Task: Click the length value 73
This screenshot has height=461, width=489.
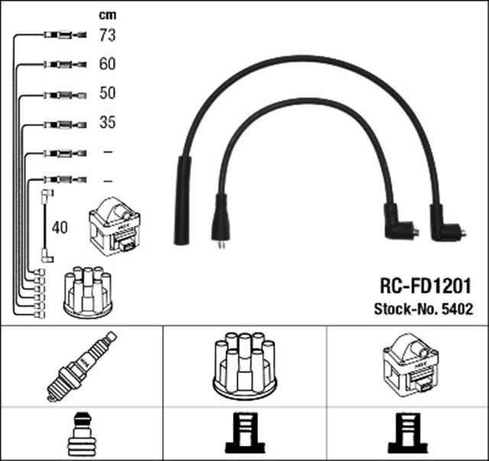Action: pos(107,34)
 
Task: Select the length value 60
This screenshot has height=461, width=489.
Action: pos(107,64)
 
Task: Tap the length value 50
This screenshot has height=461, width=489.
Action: pos(107,93)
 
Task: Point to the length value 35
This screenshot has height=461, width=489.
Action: pos(107,122)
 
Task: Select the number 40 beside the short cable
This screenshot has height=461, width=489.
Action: pos(60,227)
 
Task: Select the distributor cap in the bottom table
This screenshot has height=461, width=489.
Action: pos(244,365)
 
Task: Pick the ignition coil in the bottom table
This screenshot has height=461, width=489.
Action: pos(407,365)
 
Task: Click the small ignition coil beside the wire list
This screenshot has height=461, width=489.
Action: pos(115,226)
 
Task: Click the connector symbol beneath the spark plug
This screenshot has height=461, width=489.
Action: pos(81,433)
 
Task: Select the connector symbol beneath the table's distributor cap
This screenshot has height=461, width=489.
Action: pos(244,433)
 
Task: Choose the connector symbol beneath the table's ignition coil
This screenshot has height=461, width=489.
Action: pos(407,433)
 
